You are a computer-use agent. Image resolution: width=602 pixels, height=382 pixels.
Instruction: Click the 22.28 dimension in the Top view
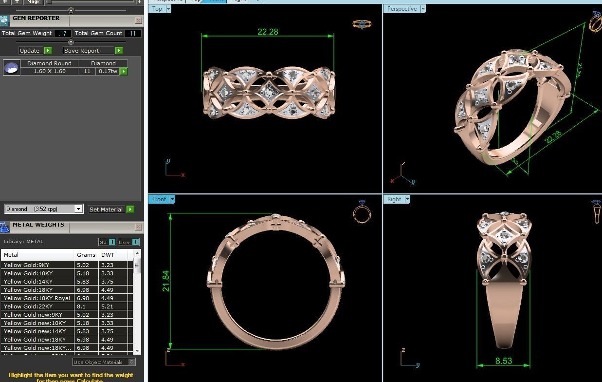268,32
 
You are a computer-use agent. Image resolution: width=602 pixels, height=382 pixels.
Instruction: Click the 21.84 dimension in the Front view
165,281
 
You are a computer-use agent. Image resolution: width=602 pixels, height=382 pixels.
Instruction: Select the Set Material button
106,210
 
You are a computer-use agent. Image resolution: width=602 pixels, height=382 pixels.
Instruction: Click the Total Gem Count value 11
133,33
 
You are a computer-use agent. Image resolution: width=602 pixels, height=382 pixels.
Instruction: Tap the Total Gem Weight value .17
63,33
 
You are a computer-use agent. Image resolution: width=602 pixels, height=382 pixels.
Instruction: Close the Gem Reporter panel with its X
139,20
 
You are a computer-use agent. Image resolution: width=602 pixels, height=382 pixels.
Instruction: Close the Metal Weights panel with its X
139,227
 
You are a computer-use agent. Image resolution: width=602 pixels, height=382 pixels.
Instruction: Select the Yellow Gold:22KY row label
28,306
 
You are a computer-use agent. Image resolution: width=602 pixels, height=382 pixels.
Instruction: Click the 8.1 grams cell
81,306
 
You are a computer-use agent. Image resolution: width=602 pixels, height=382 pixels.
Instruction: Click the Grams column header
86,255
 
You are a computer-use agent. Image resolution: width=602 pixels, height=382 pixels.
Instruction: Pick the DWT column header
108,255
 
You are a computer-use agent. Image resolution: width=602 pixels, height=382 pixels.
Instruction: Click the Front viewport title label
159,199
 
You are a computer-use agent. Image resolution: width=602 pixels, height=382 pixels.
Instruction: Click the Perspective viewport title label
401,9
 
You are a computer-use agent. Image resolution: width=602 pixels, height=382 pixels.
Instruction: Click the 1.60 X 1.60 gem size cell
50,71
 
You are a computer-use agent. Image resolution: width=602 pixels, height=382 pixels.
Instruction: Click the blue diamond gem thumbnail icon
12,68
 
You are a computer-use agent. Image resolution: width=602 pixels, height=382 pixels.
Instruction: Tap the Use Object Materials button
100,362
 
